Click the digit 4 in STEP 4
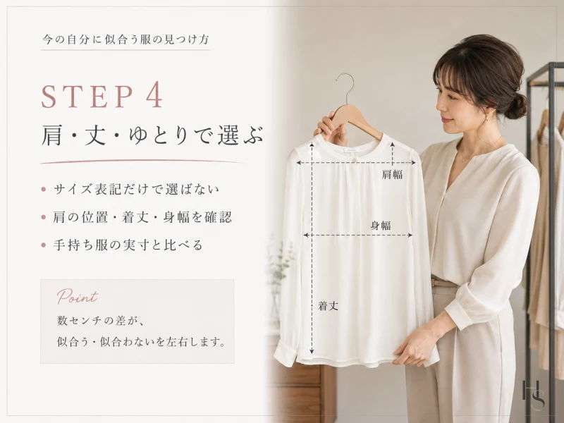(x=154, y=97)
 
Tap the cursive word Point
(x=78, y=297)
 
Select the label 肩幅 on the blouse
(x=392, y=174)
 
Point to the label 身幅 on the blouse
(x=381, y=226)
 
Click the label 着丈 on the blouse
(x=328, y=306)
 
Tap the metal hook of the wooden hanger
(x=346, y=85)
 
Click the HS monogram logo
(x=534, y=395)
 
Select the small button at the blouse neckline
(x=354, y=157)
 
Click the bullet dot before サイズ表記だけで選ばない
(x=44, y=189)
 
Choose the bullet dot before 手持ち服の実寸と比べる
(x=44, y=245)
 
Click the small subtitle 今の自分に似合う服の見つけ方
(x=125, y=39)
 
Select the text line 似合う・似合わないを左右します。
(x=142, y=341)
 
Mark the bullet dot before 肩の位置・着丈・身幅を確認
(x=44, y=217)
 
